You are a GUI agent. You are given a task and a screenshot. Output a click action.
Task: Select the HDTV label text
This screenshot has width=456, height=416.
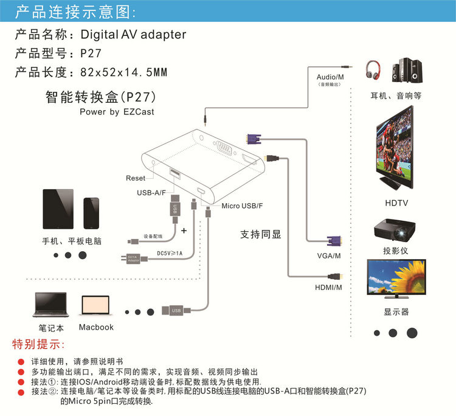[x=396, y=203]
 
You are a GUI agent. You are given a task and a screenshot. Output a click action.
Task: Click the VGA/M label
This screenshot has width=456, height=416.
[x=328, y=257]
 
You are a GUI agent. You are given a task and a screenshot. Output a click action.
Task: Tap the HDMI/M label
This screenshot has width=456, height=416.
[x=328, y=287]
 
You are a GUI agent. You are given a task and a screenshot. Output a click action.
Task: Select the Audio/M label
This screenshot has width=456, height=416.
[x=330, y=77]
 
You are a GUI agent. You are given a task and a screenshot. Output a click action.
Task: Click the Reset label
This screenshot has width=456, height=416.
[x=136, y=178]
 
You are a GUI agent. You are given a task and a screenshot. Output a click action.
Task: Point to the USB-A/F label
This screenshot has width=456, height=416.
[x=152, y=193]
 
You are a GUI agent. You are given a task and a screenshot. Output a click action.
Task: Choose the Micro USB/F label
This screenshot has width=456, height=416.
[x=242, y=206]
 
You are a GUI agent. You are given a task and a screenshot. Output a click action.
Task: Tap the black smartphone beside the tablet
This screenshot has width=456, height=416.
[x=92, y=213]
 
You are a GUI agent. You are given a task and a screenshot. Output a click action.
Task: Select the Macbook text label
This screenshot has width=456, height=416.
[x=96, y=327]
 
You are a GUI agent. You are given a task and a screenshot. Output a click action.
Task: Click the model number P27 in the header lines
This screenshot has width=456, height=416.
[x=91, y=53]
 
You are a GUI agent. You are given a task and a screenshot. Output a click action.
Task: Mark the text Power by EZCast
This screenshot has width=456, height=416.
[x=117, y=112]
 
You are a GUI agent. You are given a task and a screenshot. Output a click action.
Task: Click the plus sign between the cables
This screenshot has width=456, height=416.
[x=184, y=231]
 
